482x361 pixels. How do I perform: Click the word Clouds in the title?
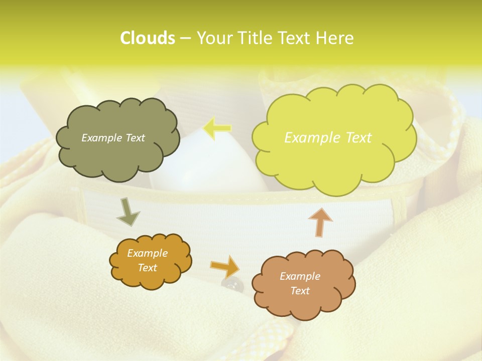(x=147, y=38)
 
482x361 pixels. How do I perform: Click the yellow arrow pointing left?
(x=217, y=128)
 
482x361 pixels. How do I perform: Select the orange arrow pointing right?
(x=225, y=266)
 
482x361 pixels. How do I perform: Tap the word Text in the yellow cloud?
(x=357, y=138)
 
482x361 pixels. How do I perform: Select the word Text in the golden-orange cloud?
(x=148, y=268)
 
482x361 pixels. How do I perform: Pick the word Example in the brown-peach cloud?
(x=300, y=276)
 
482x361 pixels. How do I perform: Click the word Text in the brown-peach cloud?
(x=300, y=291)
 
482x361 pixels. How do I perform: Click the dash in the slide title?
(x=185, y=38)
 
